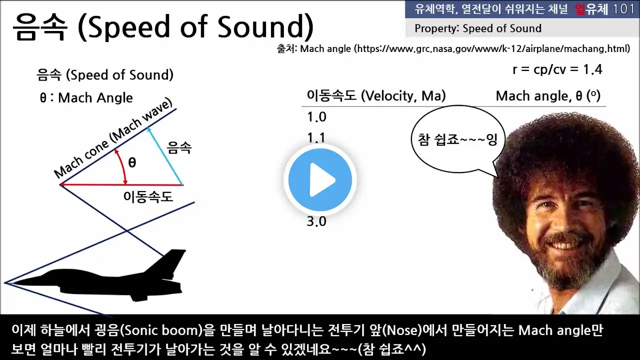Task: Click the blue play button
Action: pos(320,180)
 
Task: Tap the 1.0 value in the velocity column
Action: pos(316,117)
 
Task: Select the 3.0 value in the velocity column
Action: pos(316,221)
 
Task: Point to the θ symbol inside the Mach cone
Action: pos(132,162)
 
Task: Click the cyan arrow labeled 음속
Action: pos(165,156)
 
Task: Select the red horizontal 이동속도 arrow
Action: pos(121,185)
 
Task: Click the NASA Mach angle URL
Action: pos(492,49)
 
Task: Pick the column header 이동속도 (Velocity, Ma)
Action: pos(376,95)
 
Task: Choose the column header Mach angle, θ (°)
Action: pos(548,96)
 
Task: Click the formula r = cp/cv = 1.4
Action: pos(557,69)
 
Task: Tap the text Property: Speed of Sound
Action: pos(478,28)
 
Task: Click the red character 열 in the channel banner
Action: pos(579,9)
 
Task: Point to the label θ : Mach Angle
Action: pos(86,98)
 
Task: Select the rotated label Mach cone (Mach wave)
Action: pos(113,138)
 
